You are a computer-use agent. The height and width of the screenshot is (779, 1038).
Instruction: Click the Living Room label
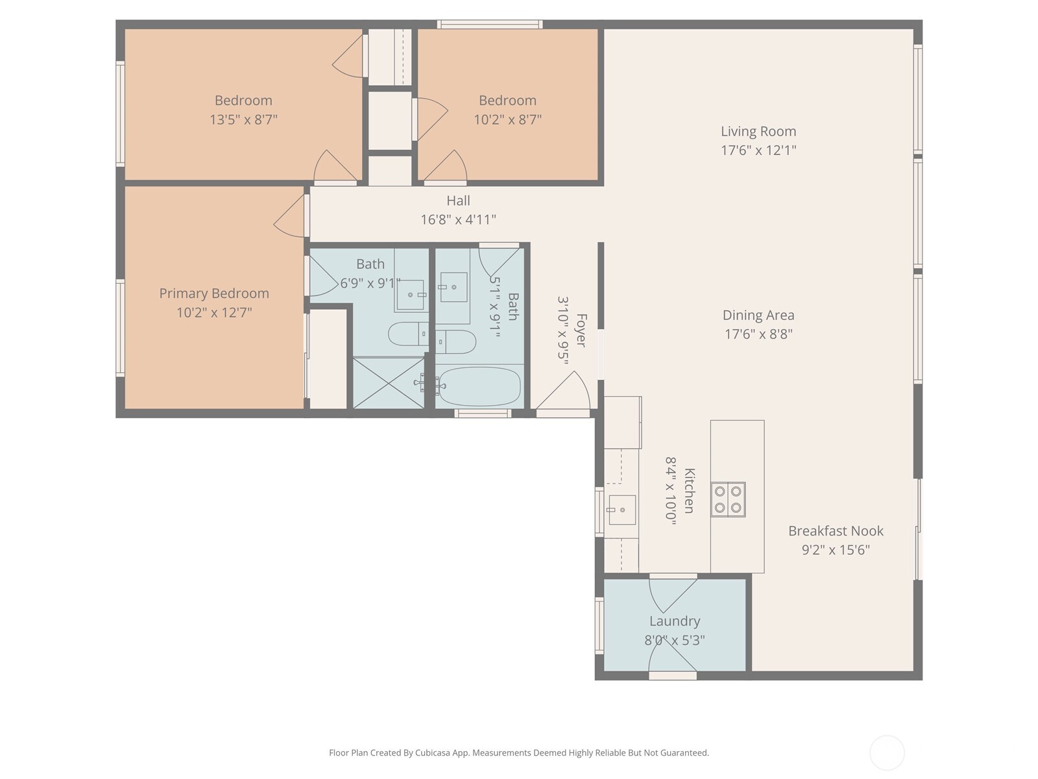[x=758, y=131]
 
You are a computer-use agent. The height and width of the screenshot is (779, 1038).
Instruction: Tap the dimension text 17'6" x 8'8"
[x=758, y=334]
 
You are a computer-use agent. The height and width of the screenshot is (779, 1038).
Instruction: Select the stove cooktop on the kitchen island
[x=728, y=499]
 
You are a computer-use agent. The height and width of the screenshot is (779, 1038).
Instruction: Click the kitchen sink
[x=622, y=510]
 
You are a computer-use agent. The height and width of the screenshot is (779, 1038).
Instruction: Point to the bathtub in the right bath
[x=478, y=387]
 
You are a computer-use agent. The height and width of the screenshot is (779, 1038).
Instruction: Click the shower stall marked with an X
[x=388, y=382]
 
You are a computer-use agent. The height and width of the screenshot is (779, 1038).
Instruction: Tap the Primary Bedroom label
[x=214, y=293]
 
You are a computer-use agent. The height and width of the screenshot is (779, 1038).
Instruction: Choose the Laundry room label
[x=674, y=621]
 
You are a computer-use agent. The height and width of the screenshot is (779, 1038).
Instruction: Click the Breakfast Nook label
[x=836, y=531]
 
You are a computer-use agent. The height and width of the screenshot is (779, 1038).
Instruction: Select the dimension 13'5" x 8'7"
[x=243, y=119]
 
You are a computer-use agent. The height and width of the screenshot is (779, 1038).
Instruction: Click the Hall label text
[x=458, y=201]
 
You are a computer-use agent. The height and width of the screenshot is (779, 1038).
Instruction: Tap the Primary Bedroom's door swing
[x=290, y=216]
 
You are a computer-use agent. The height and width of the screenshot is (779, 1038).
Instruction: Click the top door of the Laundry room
[x=672, y=593]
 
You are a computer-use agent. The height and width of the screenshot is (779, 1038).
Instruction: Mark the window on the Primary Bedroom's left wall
[x=120, y=328]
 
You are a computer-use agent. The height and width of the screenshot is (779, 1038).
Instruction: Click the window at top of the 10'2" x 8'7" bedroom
[x=489, y=25]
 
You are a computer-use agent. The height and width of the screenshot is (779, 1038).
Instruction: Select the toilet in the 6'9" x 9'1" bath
[x=407, y=334]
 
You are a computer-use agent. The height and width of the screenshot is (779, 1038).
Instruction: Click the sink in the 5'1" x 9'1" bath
[x=453, y=287]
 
